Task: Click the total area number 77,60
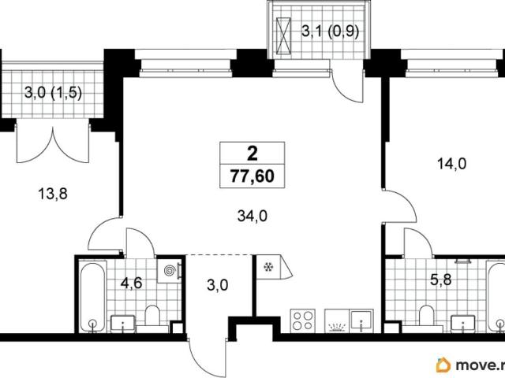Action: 252,176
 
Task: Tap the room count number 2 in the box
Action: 252,154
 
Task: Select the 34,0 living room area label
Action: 252,216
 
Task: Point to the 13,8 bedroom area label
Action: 53,194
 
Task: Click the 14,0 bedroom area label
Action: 451,165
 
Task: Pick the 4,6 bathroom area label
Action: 132,283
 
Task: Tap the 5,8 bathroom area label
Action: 441,280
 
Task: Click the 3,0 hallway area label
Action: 218,285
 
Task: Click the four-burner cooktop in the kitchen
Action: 303,321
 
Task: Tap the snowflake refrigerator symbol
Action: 268,267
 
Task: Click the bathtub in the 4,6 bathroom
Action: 93,298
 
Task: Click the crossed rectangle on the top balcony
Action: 283,35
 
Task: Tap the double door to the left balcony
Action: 52,142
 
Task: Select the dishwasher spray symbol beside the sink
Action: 337,327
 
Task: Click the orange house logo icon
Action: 443,365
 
